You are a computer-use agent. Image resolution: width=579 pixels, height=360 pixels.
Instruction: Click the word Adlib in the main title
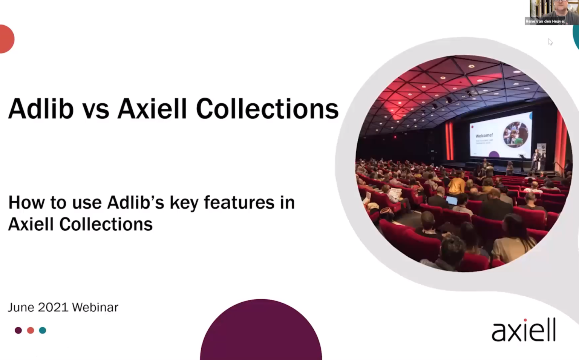click(41, 109)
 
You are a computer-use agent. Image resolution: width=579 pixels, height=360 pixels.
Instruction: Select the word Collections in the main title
click(267, 109)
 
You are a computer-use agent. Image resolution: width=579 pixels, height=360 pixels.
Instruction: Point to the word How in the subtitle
click(26, 203)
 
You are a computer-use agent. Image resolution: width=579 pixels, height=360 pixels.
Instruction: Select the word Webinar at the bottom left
click(95, 307)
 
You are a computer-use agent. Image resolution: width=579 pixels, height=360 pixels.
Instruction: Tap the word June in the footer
click(21, 307)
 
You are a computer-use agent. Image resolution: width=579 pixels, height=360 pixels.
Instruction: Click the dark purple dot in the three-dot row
click(18, 330)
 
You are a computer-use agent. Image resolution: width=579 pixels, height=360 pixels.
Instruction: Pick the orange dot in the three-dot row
click(31, 330)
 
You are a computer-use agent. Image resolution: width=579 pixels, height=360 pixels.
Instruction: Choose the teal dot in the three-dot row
click(43, 330)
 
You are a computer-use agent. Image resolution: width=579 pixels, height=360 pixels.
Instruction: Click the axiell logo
click(524, 330)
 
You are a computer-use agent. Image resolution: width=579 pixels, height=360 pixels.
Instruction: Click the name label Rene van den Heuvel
click(545, 21)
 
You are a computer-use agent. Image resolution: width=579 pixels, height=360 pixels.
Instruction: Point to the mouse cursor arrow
click(550, 41)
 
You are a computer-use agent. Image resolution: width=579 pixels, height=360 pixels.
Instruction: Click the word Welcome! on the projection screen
click(484, 135)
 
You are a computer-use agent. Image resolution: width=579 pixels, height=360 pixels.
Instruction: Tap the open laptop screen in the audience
click(452, 201)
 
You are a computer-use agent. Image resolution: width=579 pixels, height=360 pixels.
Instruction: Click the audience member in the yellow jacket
click(456, 185)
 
